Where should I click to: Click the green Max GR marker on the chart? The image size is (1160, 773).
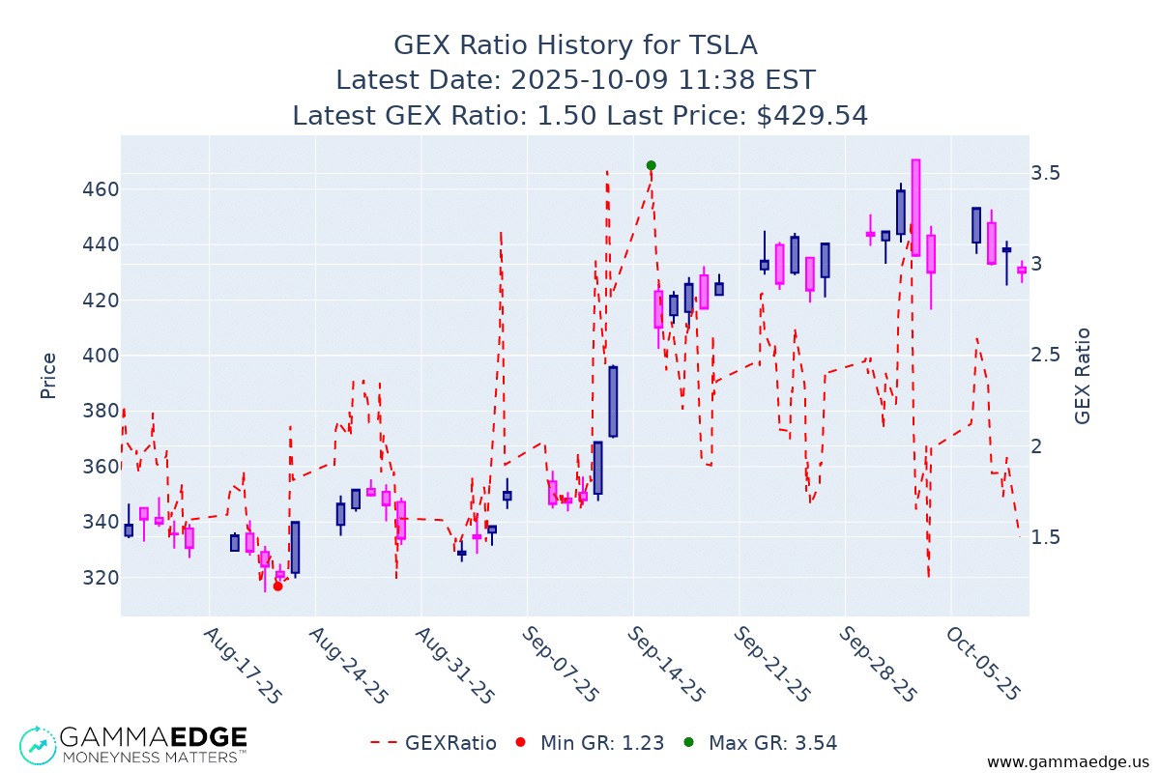click(x=651, y=165)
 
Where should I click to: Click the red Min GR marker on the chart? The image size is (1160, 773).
click(x=277, y=586)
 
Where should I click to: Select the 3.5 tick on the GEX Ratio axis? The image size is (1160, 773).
click(x=1050, y=173)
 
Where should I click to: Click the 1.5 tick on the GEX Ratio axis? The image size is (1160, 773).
click(x=1050, y=537)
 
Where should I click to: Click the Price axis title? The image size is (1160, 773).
click(x=48, y=375)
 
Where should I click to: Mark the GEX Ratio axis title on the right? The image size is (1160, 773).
click(x=1083, y=375)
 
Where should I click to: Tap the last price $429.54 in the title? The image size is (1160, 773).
click(x=812, y=116)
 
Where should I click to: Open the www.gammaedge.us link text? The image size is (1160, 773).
click(x=1068, y=762)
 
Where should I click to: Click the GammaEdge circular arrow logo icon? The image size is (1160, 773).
click(x=37, y=744)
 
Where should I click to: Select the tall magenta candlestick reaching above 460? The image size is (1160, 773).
click(x=915, y=207)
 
